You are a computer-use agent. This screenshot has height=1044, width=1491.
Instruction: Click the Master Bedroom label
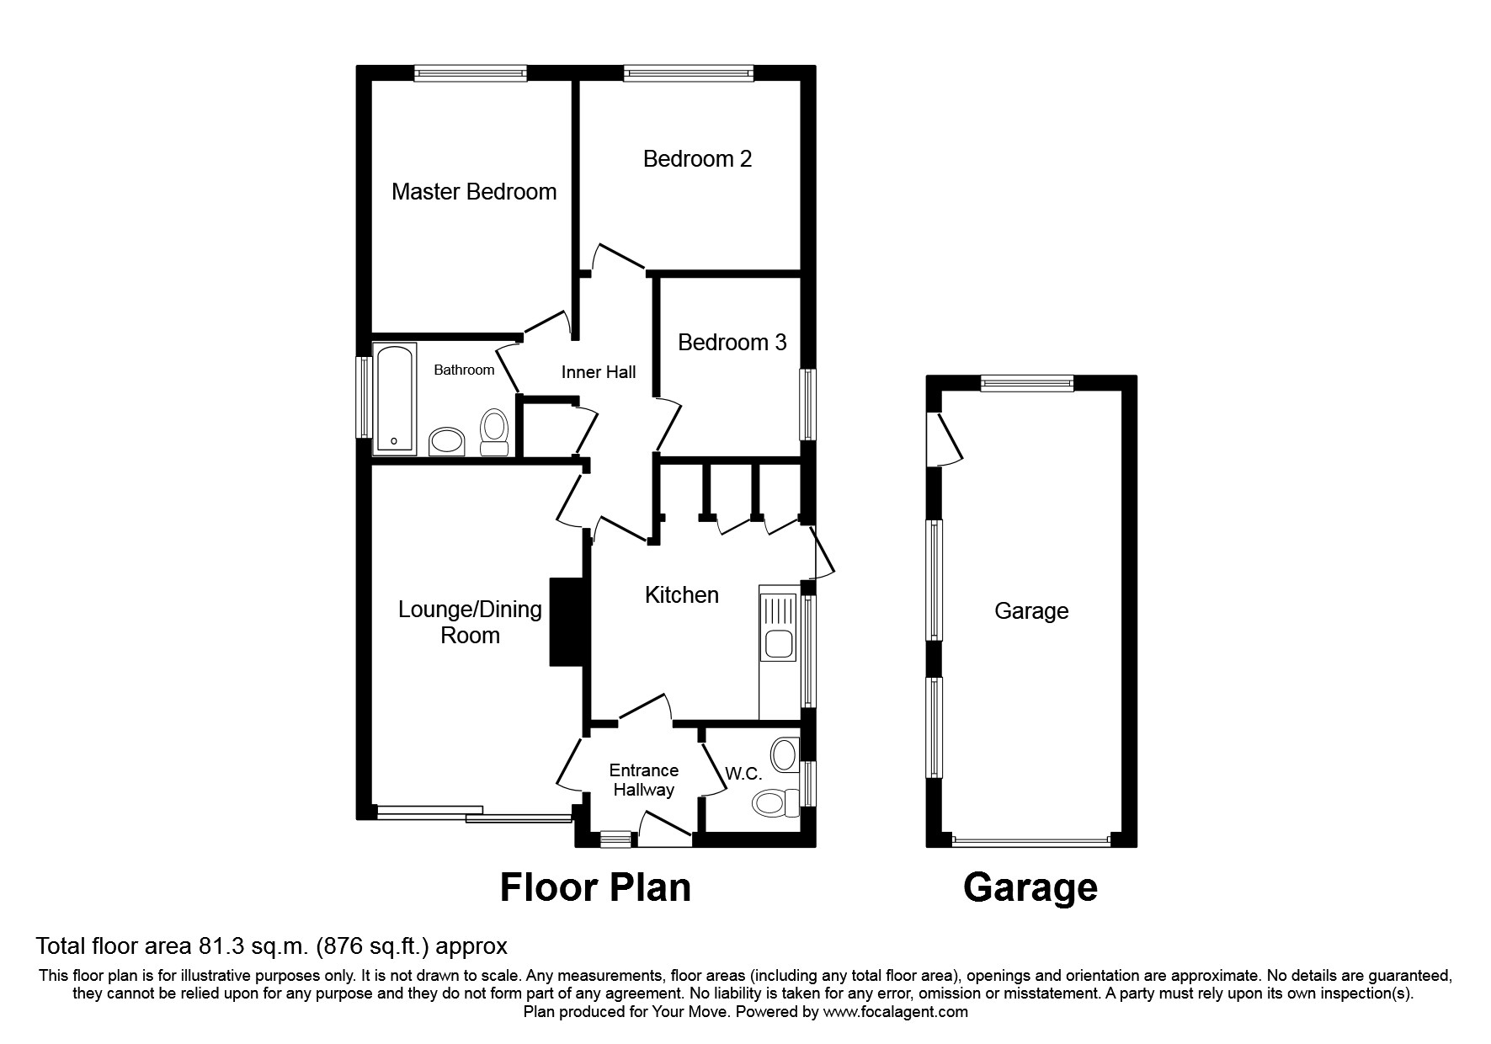click(x=474, y=192)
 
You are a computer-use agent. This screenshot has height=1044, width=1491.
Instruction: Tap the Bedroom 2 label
click(x=697, y=158)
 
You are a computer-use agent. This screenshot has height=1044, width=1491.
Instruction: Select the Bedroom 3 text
click(x=732, y=343)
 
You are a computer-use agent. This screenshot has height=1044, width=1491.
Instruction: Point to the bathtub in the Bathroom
click(x=394, y=397)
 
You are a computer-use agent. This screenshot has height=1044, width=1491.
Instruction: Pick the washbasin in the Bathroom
click(x=447, y=441)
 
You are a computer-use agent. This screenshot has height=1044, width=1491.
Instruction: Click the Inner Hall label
click(x=599, y=372)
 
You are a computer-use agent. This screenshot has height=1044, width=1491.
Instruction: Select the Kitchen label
click(x=681, y=595)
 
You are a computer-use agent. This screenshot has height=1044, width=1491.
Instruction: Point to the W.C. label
click(x=743, y=774)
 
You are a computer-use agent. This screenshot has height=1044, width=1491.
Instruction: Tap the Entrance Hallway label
click(x=643, y=780)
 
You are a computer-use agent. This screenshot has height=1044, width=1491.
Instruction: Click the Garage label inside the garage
click(x=1031, y=610)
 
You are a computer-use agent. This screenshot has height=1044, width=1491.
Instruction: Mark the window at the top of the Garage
click(x=1027, y=383)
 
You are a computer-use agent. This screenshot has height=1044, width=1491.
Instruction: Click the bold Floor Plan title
click(x=595, y=887)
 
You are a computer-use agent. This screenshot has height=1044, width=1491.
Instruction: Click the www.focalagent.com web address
click(x=895, y=1012)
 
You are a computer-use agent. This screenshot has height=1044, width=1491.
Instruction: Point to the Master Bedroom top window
click(x=471, y=73)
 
